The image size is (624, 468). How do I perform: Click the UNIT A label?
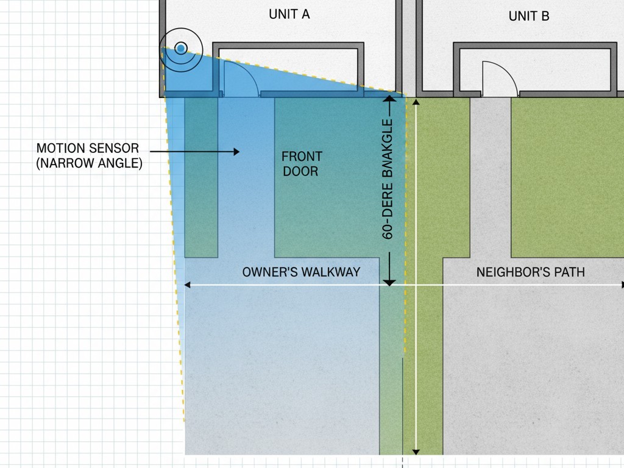tap(289, 14)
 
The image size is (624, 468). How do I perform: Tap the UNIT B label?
tap(528, 16)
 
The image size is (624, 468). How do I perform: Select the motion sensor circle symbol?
tap(180, 48)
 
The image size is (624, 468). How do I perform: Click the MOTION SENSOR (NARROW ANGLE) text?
tap(88, 155)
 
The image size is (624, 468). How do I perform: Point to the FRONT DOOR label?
tap(301, 164)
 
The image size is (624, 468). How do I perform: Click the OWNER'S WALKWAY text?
tap(301, 272)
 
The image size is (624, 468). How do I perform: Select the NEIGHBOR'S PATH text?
tap(530, 272)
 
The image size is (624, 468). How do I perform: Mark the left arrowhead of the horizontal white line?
tap(187, 285)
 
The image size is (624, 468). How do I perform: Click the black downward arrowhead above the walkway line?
tap(389, 282)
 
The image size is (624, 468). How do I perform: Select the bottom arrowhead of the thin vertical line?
tap(416, 452)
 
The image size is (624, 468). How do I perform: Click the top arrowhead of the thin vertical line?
tap(416, 102)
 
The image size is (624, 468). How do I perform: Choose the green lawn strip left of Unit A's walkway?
tap(200, 177)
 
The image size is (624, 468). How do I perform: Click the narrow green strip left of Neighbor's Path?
tap(429, 366)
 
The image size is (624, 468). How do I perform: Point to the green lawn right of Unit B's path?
tap(567, 177)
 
